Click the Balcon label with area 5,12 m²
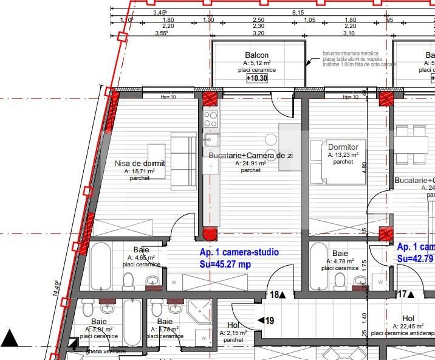tap(256, 55)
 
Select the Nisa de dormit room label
tap(140, 163)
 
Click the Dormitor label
tap(343, 147)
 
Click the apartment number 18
tap(275, 295)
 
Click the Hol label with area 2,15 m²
tap(233, 325)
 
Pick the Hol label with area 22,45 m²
tap(408, 318)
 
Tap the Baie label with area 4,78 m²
tap(340, 253)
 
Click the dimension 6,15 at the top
tap(298, 12)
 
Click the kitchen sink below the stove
tap(211, 139)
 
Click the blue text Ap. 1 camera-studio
tap(239, 252)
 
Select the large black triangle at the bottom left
tap(9, 337)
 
